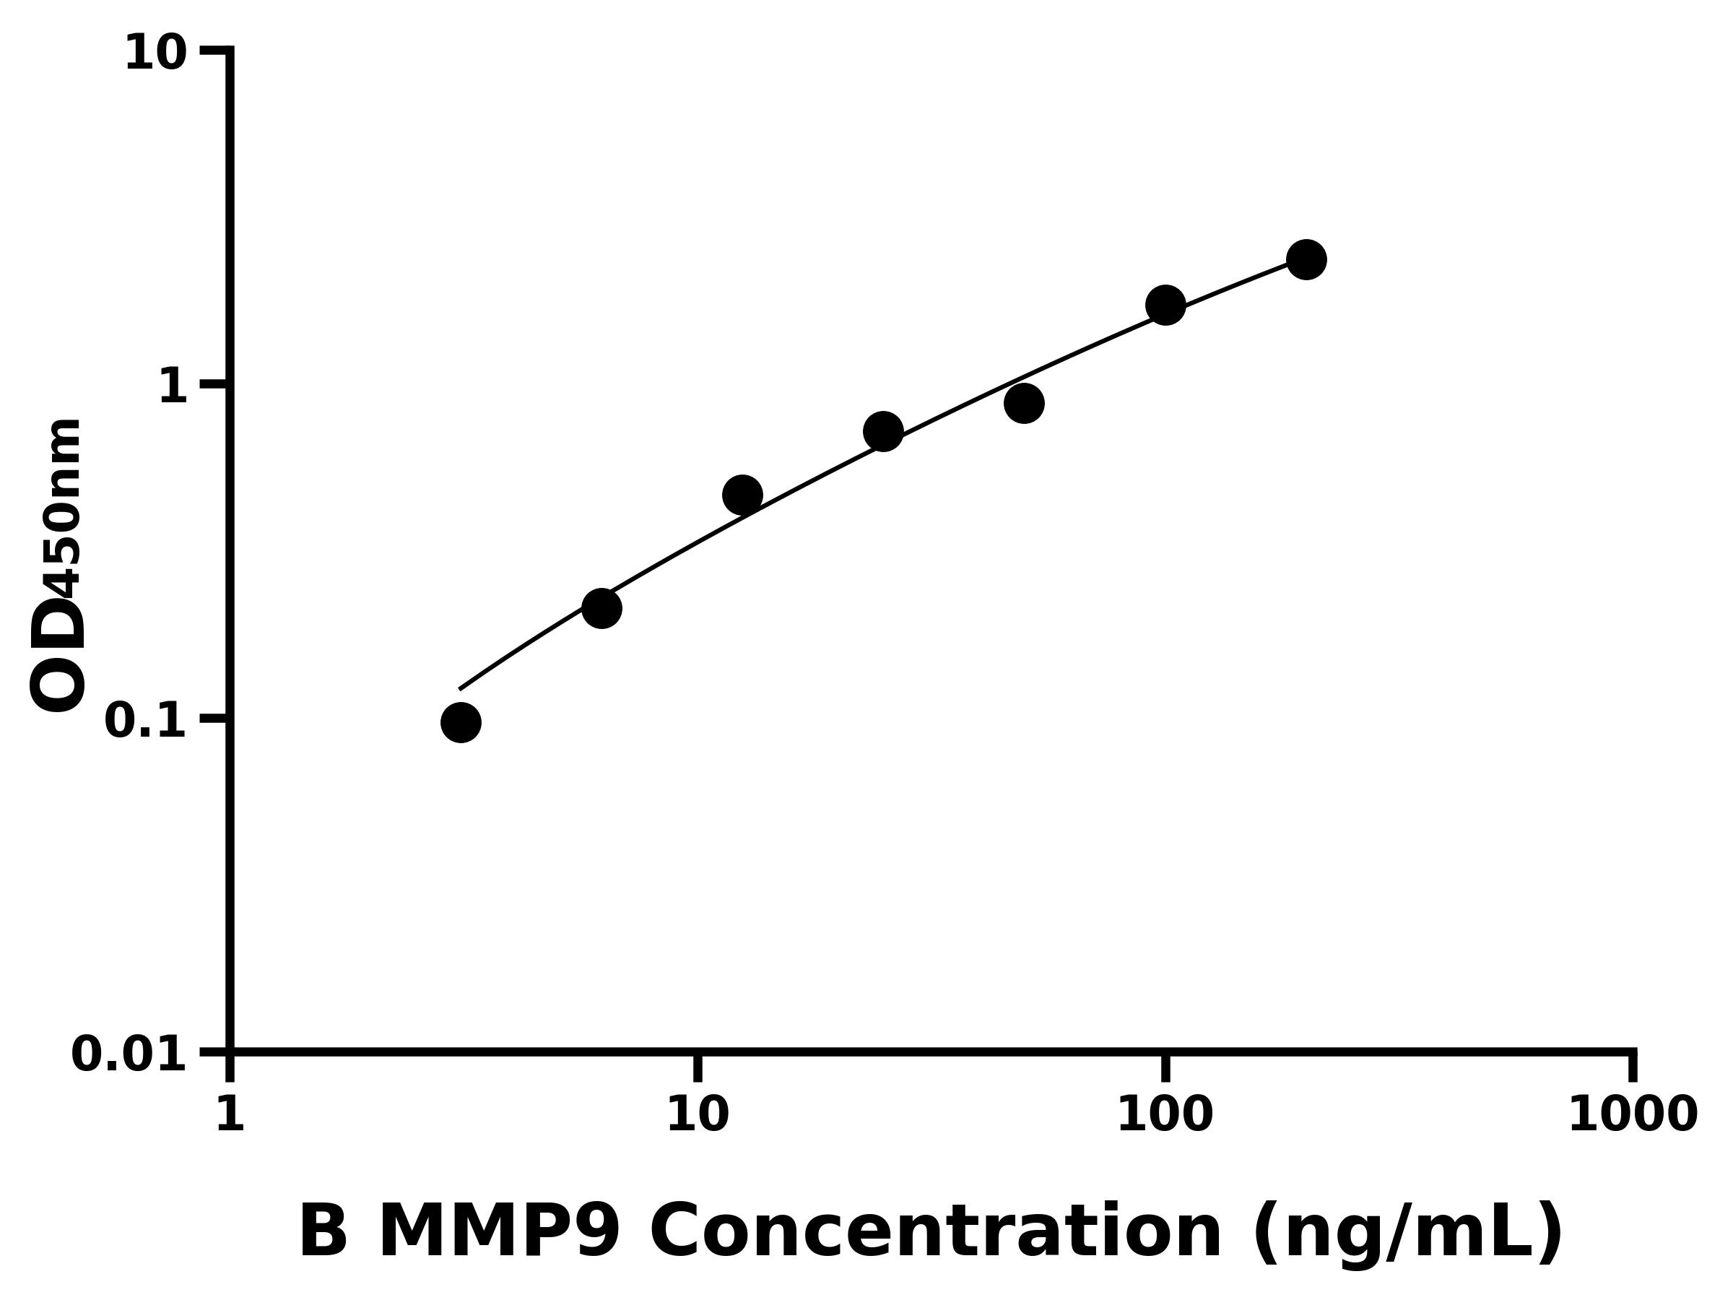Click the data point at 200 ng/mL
(1306, 259)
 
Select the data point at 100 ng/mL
(1165, 305)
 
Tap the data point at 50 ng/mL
(1024, 403)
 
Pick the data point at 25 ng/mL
(883, 431)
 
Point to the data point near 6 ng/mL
(601, 608)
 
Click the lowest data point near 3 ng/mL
(461, 721)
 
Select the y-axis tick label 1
(173, 387)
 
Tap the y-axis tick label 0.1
(146, 721)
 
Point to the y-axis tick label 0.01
(129, 1054)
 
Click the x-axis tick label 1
(230, 1114)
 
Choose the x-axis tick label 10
(698, 1114)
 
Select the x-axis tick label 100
(1165, 1114)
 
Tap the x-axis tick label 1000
(1633, 1114)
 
